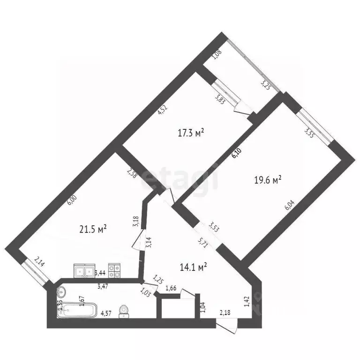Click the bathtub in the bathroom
pos(79,310)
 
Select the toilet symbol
pos(124,311)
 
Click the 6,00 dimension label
pos(71,200)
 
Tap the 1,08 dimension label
pos(216,55)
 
